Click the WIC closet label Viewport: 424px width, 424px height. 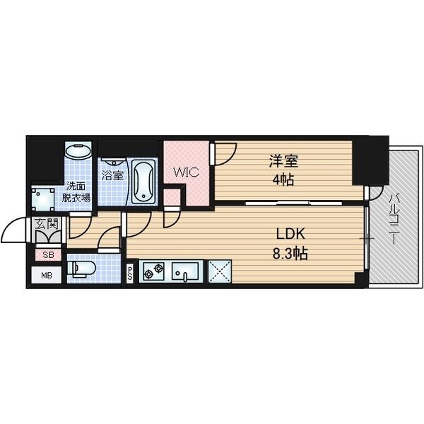(x=187, y=172)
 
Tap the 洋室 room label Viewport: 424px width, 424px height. (x=283, y=161)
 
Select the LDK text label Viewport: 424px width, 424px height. (x=290, y=234)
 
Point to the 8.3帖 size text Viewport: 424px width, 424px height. (x=290, y=254)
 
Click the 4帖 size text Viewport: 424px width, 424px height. (x=283, y=179)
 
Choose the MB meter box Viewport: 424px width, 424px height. (x=47, y=275)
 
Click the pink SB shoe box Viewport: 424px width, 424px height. (x=48, y=254)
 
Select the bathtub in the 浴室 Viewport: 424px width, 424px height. (x=143, y=181)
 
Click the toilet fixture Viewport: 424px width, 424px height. (x=81, y=269)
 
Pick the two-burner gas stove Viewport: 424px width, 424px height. (x=153, y=271)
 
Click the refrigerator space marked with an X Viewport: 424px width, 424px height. (x=220, y=271)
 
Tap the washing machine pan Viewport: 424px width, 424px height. (x=43, y=199)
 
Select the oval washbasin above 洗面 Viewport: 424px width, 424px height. (x=78, y=151)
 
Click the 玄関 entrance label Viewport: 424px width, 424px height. (x=47, y=223)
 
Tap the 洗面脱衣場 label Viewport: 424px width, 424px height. (x=76, y=192)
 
